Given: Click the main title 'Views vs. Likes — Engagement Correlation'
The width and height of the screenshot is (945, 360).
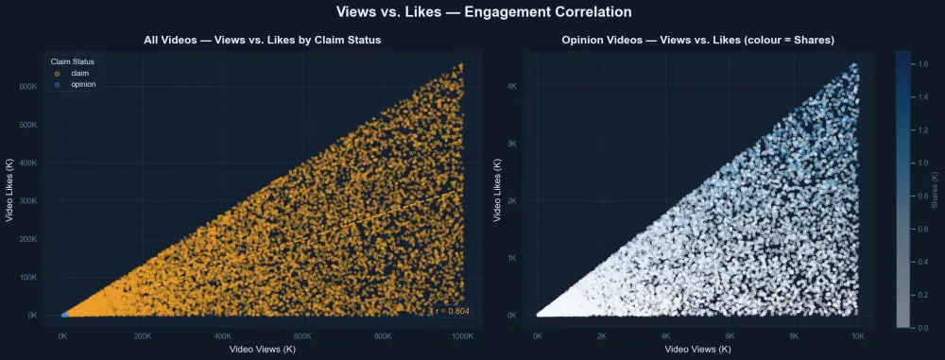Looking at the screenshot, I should coord(472,12).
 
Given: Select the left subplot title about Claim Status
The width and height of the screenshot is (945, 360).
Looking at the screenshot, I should coord(263,40).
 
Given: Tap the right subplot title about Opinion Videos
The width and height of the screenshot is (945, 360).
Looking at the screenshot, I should coord(697,40).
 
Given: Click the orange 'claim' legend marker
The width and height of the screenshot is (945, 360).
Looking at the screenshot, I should coord(58,73).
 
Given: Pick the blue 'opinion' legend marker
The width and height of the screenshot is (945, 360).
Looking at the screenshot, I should coord(58,84).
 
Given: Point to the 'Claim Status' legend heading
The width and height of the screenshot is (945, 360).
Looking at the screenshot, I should coord(72,61).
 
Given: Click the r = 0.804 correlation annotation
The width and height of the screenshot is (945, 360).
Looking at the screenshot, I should coord(452,311).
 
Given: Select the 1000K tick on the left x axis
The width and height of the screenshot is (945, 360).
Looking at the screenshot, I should coord(462,335).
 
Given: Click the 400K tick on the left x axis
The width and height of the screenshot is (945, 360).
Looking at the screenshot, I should coord(222,335).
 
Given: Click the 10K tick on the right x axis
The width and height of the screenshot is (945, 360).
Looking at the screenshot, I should coord(858,335).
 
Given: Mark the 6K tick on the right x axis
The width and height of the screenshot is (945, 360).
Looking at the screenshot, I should coord(730,335).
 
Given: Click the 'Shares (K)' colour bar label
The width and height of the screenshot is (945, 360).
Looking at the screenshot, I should coord(935,189).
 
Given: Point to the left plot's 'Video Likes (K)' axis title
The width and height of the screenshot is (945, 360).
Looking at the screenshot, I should coord(12,189).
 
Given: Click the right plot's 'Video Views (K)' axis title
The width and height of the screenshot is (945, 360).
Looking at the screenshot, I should coord(697,349).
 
